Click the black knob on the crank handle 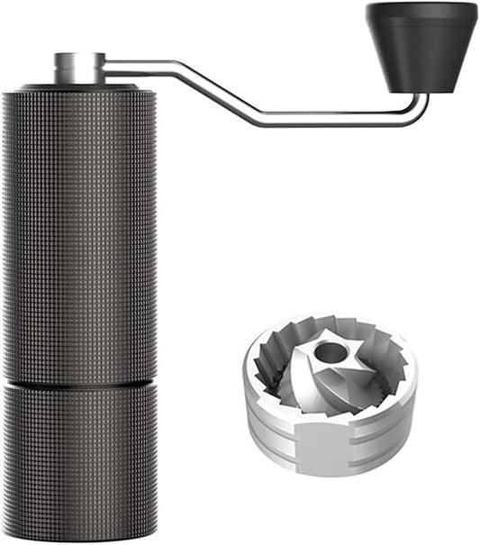(x=421, y=50)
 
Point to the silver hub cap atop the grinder (x=78, y=68)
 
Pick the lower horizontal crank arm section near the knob (x=342, y=120)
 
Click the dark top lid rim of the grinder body (x=78, y=88)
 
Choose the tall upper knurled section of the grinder (x=78, y=234)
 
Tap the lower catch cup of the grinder (x=78, y=459)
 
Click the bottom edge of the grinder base (x=78, y=539)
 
